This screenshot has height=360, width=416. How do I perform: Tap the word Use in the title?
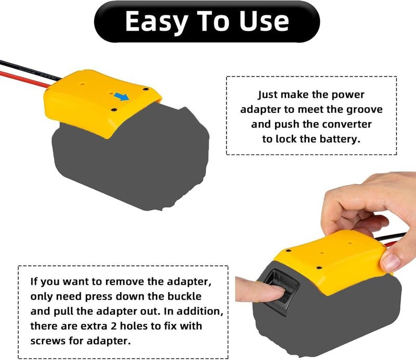tap(262, 21)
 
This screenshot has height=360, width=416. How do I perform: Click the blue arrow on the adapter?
tap(122, 96)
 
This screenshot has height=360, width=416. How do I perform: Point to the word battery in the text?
tap(340, 139)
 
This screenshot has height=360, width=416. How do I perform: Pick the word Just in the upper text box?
tap(270, 95)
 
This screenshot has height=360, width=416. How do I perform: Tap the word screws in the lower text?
tap(49, 341)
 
